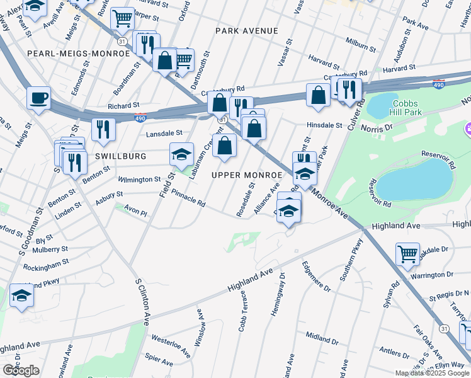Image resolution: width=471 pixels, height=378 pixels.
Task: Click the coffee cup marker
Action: (x=39, y=99)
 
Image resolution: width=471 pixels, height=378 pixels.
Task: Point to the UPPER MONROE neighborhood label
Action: (x=246, y=175)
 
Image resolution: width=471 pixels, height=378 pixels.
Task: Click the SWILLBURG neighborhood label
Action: (x=121, y=156)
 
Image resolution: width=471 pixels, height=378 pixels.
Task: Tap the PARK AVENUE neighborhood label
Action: (x=246, y=31)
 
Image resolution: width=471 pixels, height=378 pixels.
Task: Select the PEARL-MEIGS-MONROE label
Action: (x=78, y=54)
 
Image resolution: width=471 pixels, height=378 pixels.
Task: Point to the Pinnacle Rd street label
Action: (x=188, y=199)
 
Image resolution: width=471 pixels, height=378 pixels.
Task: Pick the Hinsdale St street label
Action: (x=324, y=125)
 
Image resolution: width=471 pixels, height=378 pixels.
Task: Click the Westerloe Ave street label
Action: (x=171, y=345)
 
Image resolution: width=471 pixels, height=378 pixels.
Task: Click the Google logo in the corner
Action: (x=21, y=370)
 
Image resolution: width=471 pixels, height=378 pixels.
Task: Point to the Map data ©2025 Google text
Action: (x=433, y=373)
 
